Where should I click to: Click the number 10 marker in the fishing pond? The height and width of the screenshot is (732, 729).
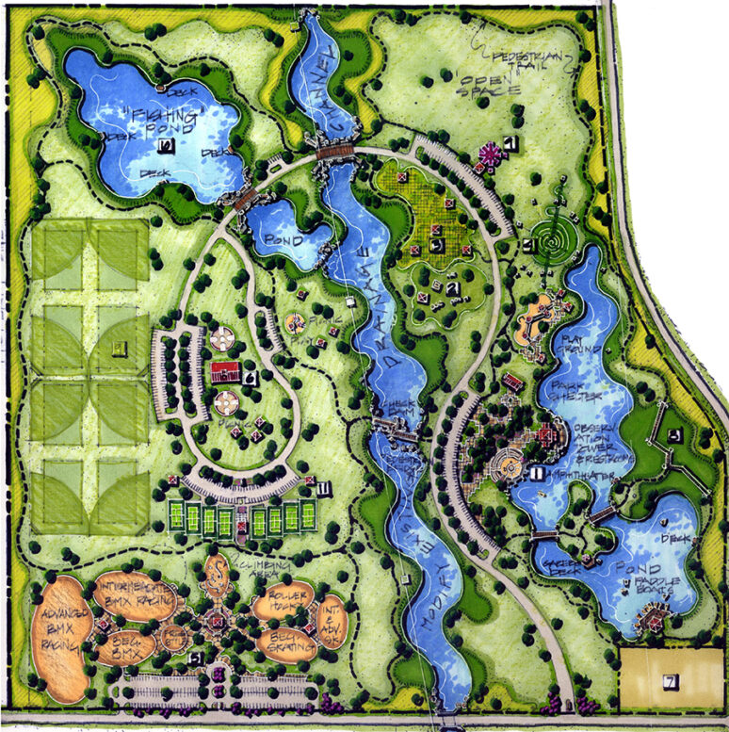click(166, 145)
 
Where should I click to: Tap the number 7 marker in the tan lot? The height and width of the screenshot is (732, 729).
click(670, 680)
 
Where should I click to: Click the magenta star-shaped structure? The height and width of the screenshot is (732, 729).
click(490, 155)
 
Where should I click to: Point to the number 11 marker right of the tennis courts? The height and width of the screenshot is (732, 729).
click(323, 488)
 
